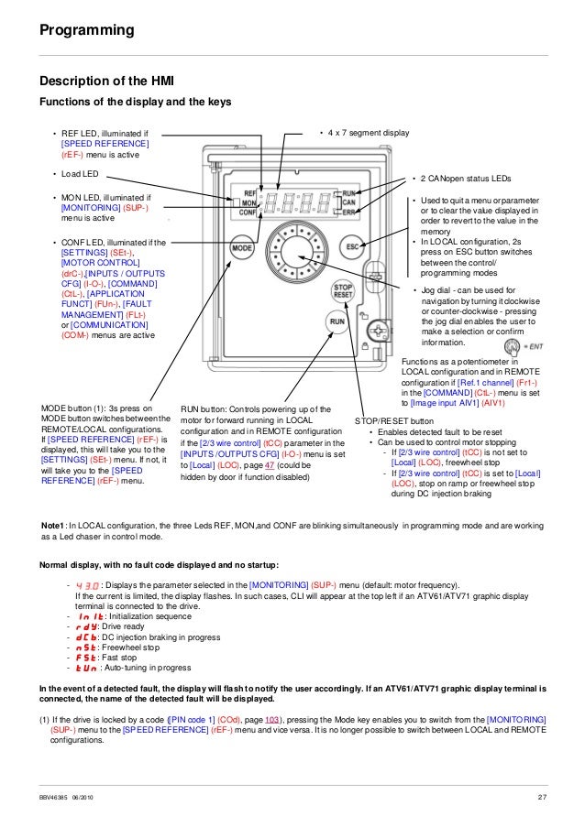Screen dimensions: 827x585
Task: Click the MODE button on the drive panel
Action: (x=242, y=247)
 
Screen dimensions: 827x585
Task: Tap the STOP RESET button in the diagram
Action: (x=340, y=292)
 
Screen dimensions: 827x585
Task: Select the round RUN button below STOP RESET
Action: (x=337, y=322)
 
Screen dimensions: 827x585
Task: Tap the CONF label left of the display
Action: (x=246, y=212)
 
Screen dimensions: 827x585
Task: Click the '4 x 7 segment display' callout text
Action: (x=368, y=134)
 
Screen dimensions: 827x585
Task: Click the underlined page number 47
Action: (x=266, y=466)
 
